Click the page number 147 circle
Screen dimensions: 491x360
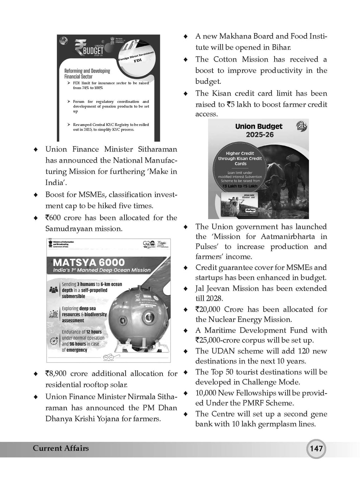pos(316,449)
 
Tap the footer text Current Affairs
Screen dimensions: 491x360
pos(61,448)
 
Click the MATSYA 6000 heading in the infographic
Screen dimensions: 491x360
pos(89,262)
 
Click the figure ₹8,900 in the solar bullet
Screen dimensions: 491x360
pos(56,374)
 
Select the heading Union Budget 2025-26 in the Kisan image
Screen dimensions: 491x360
pos(259,130)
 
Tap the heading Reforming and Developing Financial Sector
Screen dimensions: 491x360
pos(87,74)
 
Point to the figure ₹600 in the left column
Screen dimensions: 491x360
pos(53,218)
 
